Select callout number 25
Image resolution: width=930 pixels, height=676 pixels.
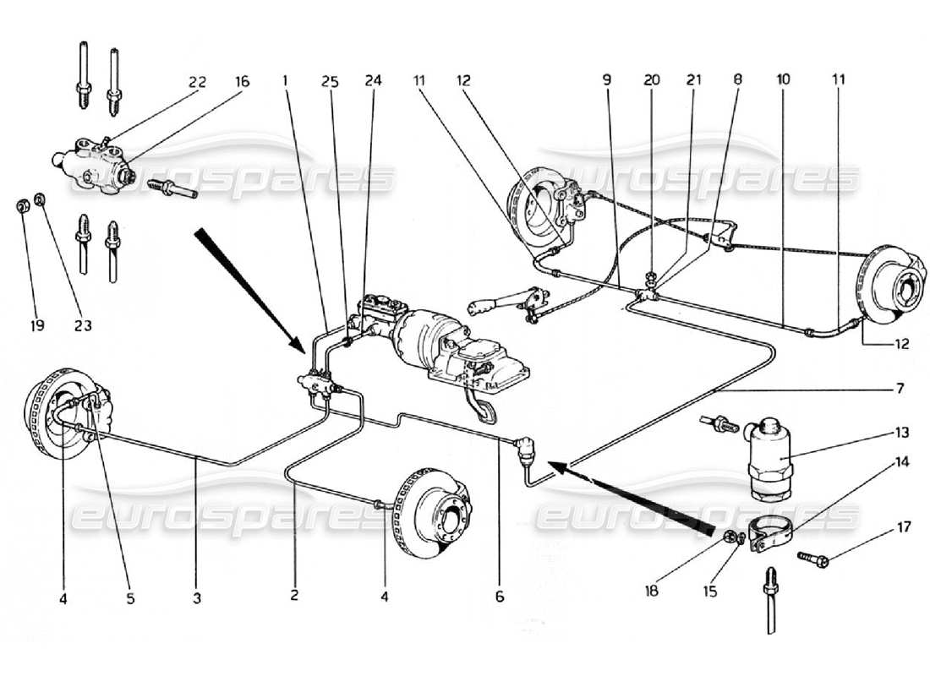tap(329, 81)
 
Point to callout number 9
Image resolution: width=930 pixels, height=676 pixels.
tap(607, 81)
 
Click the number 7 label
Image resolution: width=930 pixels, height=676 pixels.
tap(900, 390)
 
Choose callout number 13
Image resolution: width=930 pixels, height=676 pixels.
tap(901, 432)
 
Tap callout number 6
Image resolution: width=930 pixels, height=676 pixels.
tap(500, 597)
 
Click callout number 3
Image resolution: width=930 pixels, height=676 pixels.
tap(196, 597)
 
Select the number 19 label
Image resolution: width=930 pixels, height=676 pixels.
tap(24, 324)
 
